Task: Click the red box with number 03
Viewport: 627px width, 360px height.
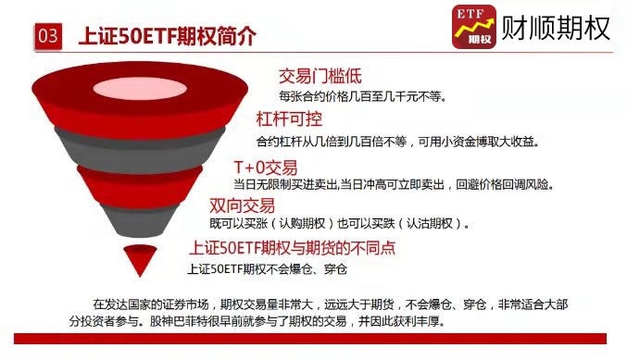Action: coord(47,36)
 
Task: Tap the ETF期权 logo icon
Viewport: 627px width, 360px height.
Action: coord(472,27)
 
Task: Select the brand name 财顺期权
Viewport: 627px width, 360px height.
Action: coord(556,28)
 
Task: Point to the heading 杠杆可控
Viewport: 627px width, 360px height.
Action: coord(288,120)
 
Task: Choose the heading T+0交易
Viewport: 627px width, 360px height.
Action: coord(266,167)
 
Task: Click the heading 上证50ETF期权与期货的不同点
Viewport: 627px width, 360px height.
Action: coord(293,248)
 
